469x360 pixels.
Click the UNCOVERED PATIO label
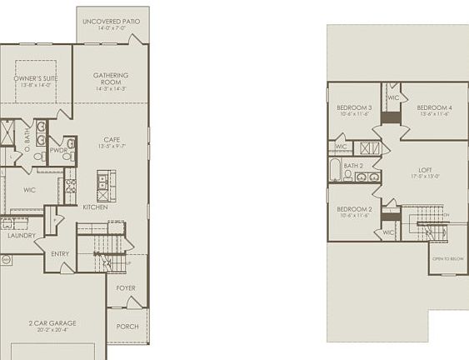pos(112,21)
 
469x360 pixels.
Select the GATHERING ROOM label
pos(111,79)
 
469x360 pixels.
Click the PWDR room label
pos(58,151)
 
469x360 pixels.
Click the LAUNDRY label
pos(21,236)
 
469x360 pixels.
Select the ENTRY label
pos(60,253)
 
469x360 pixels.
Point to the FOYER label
pos(126,288)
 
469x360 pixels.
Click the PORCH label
pos(127,327)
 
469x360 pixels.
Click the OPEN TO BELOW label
pos(447,259)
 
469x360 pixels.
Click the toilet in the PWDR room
pos(71,156)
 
